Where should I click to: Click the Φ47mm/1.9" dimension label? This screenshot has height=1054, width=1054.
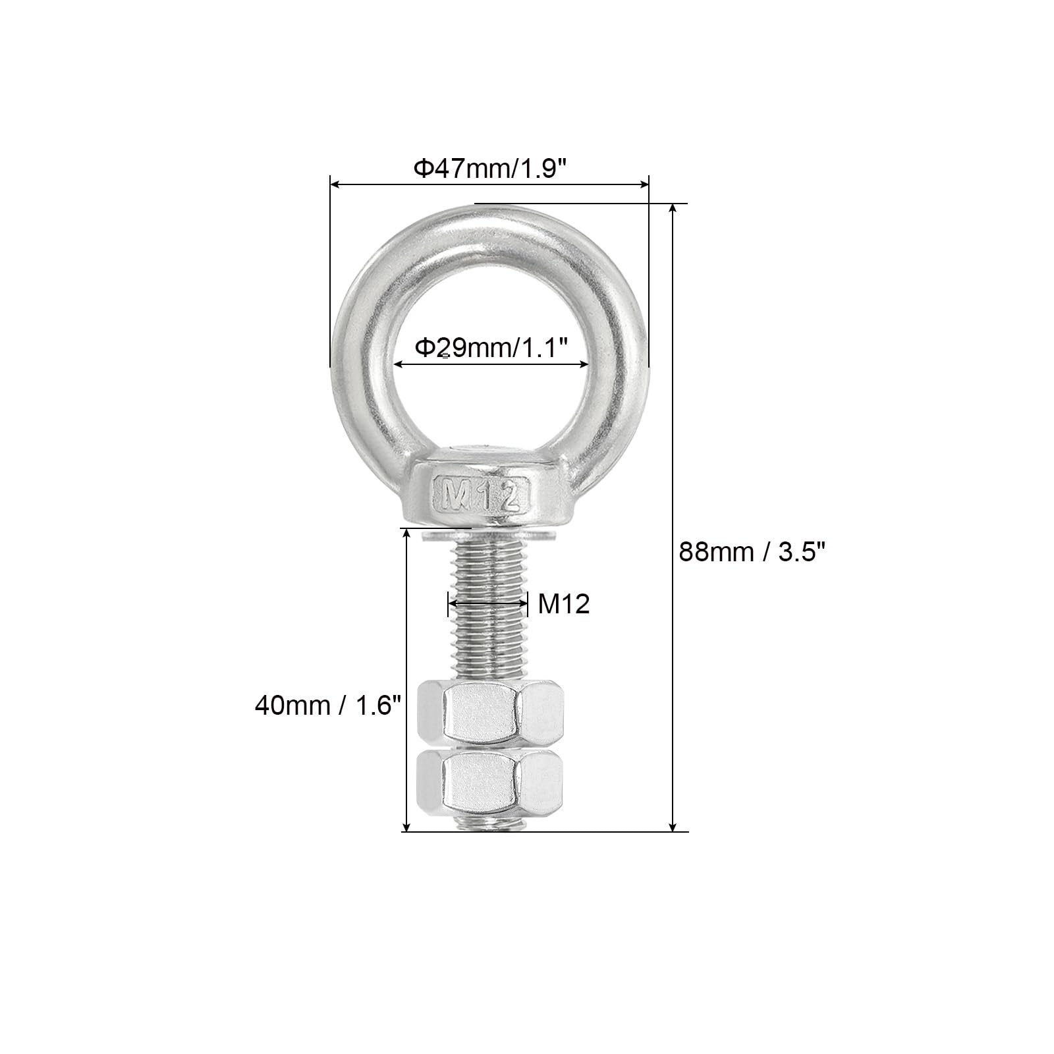click(x=490, y=169)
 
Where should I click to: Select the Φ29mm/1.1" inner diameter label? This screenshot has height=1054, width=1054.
click(x=491, y=347)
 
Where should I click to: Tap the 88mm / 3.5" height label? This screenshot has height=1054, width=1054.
click(x=752, y=551)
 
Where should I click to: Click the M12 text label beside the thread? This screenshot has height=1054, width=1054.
click(x=564, y=603)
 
